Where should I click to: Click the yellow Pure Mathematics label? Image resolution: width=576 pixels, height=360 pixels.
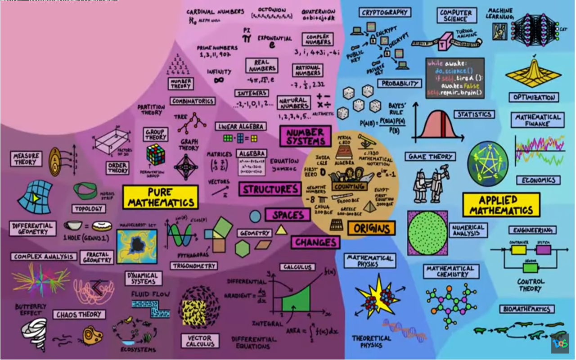(160, 198)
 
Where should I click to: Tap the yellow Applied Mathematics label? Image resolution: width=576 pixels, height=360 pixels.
(501, 205)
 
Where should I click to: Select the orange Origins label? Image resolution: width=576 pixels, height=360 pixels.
(371, 228)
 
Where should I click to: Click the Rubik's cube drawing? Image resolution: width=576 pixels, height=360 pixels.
(156, 154)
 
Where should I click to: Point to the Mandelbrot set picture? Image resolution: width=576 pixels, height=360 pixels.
(137, 246)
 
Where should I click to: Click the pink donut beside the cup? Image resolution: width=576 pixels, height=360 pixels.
(102, 226)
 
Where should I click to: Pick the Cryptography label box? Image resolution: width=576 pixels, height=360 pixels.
(384, 12)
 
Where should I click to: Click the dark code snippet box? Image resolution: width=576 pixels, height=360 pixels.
(455, 78)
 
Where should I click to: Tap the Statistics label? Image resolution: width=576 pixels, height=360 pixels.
(474, 114)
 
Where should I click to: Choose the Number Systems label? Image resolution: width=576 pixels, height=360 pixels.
(305, 136)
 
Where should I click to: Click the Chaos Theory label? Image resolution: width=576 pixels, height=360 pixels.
(79, 315)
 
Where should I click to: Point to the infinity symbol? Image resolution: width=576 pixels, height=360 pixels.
(219, 80)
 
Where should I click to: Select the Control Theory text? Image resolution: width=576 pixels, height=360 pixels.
(531, 285)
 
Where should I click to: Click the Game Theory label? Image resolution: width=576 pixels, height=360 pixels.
(430, 157)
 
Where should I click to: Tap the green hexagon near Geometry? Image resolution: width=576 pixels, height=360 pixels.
(242, 248)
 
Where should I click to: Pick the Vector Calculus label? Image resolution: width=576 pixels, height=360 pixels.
(199, 341)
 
